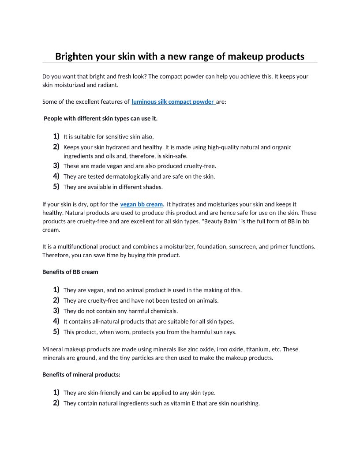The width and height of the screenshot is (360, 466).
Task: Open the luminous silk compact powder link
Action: pyautogui.click(x=172, y=101)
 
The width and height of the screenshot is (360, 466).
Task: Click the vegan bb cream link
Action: pyautogui.click(x=141, y=204)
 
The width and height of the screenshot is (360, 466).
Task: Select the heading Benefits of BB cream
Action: pyautogui.click(x=70, y=272)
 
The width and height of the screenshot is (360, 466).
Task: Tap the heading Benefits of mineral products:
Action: pyautogui.click(x=81, y=375)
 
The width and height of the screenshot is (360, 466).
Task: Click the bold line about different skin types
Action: pyautogui.click(x=101, y=119)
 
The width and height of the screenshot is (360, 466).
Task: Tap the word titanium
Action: pyautogui.click(x=258, y=349)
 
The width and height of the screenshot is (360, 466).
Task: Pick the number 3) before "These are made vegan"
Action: pyautogui.click(x=56, y=165)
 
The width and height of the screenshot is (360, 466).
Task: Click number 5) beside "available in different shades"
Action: pyautogui.click(x=56, y=186)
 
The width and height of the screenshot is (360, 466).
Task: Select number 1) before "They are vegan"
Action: pyautogui.click(x=56, y=289)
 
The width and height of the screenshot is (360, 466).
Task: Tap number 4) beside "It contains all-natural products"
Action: pyautogui.click(x=56, y=321)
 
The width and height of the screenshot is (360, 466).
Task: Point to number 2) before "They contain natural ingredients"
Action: pyautogui.click(x=56, y=402)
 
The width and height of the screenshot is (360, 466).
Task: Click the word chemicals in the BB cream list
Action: pyautogui.click(x=164, y=311)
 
